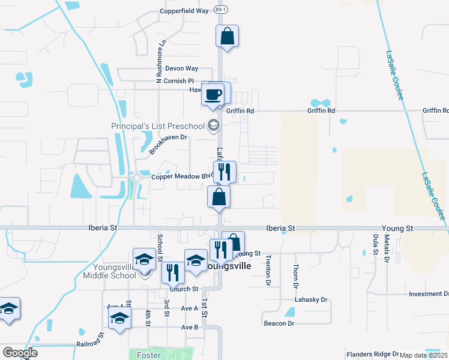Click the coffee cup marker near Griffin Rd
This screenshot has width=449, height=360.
click(x=214, y=94)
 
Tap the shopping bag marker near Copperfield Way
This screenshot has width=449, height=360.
click(x=227, y=36)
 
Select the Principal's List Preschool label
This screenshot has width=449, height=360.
click(x=158, y=126)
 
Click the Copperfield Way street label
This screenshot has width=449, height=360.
click(x=184, y=11)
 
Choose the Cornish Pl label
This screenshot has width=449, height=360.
click(x=178, y=81)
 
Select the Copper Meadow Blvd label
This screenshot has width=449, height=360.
click(x=182, y=176)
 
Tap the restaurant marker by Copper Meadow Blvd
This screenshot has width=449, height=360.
click(x=224, y=172)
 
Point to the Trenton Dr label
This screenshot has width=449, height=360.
click(x=268, y=269)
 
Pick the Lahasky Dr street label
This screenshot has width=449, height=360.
click(x=310, y=299)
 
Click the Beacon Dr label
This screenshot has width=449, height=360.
click(x=279, y=323)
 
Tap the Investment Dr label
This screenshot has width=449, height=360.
click(x=429, y=294)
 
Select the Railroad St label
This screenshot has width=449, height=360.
click(x=90, y=345)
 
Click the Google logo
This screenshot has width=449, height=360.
click(x=20, y=353)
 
